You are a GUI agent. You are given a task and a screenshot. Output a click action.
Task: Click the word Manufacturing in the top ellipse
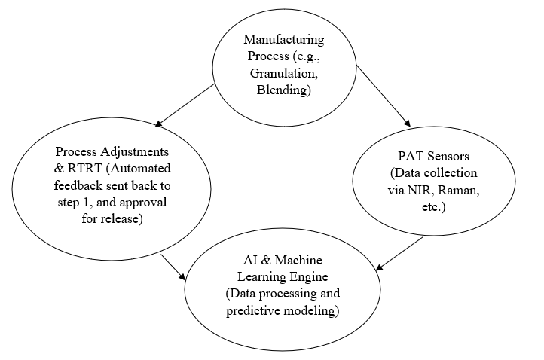tap(283, 38)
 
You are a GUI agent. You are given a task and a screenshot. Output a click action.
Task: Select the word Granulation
tap(284, 73)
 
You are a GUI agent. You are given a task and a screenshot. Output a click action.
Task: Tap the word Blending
tap(283, 90)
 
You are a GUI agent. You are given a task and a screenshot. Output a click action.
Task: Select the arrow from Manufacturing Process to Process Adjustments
tap(186, 105)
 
